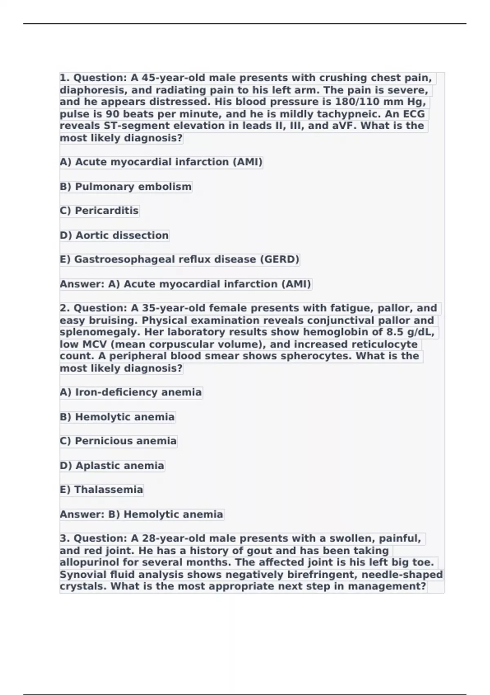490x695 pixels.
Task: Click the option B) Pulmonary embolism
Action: point(125,187)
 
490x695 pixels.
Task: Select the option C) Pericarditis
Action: point(99,211)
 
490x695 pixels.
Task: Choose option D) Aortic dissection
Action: point(114,235)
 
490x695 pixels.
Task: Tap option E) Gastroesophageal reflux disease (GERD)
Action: point(180,260)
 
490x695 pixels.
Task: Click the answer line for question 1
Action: point(185,284)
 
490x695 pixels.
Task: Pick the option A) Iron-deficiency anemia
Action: point(131,392)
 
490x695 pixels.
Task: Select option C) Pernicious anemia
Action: point(118,441)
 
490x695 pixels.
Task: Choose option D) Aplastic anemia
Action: point(112,466)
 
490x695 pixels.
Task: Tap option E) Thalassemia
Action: point(101,490)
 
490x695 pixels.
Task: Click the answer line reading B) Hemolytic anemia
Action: point(141,514)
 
